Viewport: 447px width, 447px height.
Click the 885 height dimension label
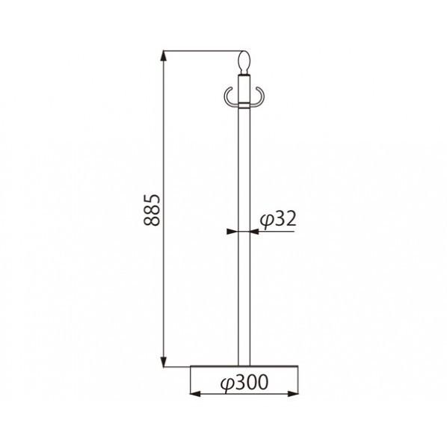click(x=152, y=210)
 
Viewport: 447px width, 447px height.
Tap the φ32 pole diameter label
click(x=278, y=220)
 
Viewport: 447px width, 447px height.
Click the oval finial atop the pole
click(x=244, y=63)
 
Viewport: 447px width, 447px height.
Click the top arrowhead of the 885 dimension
click(x=164, y=55)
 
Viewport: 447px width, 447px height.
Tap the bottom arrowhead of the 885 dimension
click(x=164, y=362)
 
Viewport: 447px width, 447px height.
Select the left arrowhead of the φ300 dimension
click(x=195, y=394)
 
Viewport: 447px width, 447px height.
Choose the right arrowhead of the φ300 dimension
click(x=293, y=394)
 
